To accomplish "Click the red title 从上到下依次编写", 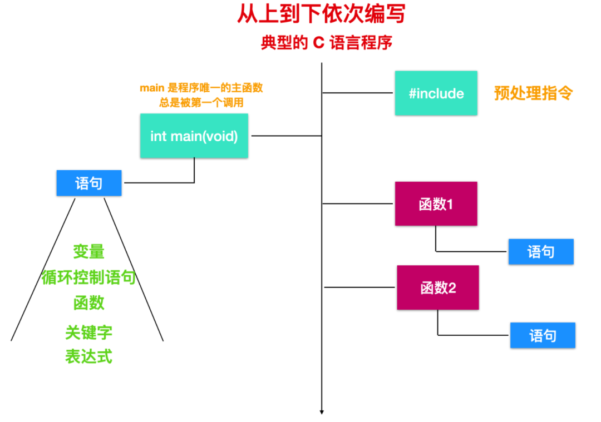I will [321, 14].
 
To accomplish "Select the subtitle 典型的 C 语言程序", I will [327, 43].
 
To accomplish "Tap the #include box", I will [436, 93].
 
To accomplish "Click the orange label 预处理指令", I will [533, 93].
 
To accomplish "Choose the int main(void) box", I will [194, 136].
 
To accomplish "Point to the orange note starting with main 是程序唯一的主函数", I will [201, 88].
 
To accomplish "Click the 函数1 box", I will [436, 204].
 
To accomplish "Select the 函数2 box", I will [438, 288].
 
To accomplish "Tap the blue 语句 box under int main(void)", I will [89, 183].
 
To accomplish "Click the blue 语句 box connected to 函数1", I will [541, 252].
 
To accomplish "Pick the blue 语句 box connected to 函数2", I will [543, 335].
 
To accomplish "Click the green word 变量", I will [89, 252].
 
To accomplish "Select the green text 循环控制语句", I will [89, 277].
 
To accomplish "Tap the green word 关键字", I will [89, 332].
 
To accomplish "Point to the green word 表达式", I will [89, 356].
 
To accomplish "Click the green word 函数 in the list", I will [89, 303].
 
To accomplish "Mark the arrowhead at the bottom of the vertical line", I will [322, 412].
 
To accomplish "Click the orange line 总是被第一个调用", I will [201, 103].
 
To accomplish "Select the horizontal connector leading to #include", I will [358, 93].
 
